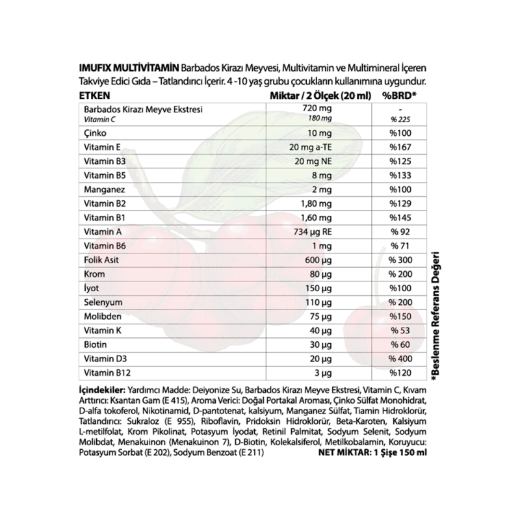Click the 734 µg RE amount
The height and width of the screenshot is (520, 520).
(311, 232)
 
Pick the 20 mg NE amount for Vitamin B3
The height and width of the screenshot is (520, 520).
(311, 161)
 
